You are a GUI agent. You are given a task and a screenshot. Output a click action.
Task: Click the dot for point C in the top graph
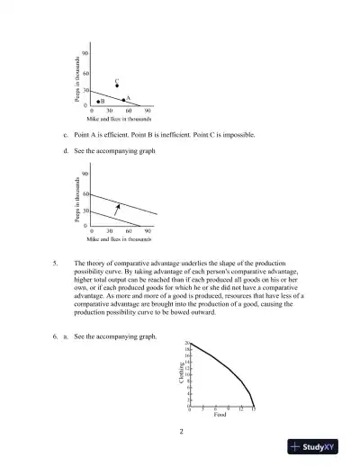coord(117,86)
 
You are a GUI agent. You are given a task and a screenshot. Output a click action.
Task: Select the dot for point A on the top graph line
coord(123,100)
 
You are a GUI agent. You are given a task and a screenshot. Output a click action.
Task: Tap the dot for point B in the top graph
coord(98,102)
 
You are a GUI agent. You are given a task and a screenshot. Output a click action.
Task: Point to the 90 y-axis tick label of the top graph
coord(85,54)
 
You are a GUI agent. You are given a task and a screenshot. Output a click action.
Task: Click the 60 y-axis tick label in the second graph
coord(85,194)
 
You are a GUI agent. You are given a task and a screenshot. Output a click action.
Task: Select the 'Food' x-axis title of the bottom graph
coord(220,415)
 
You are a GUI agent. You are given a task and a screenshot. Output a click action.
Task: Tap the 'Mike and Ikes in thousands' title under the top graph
coord(118,119)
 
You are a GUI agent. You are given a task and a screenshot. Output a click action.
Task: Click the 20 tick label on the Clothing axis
coord(187,345)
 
